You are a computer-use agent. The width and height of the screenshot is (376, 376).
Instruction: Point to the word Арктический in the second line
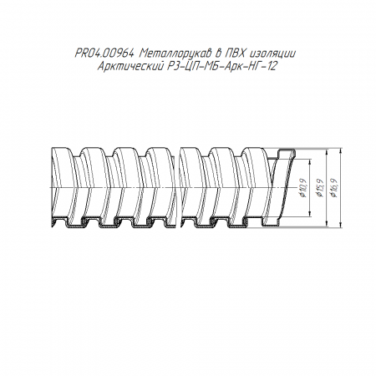point(130,67)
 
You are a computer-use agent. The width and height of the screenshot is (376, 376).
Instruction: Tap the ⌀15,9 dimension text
point(319,187)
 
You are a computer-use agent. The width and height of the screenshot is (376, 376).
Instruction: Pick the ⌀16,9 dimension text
point(334,187)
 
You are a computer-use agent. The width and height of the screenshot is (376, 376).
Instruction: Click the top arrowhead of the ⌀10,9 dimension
point(310,161)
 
